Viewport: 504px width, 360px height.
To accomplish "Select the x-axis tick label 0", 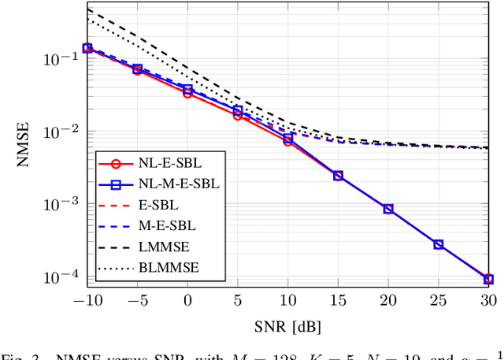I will click(187, 300).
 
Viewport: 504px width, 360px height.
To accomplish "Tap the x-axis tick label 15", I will click(338, 300).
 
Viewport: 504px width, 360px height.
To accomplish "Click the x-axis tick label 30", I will click(488, 300).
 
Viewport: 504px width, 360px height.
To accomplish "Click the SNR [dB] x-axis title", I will click(287, 325).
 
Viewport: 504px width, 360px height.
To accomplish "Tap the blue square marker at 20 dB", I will click(388, 209).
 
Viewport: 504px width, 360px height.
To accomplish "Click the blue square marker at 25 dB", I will click(439, 244).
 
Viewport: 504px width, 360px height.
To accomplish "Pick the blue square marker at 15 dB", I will click(338, 175).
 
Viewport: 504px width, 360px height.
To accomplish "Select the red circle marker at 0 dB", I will click(187, 92).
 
